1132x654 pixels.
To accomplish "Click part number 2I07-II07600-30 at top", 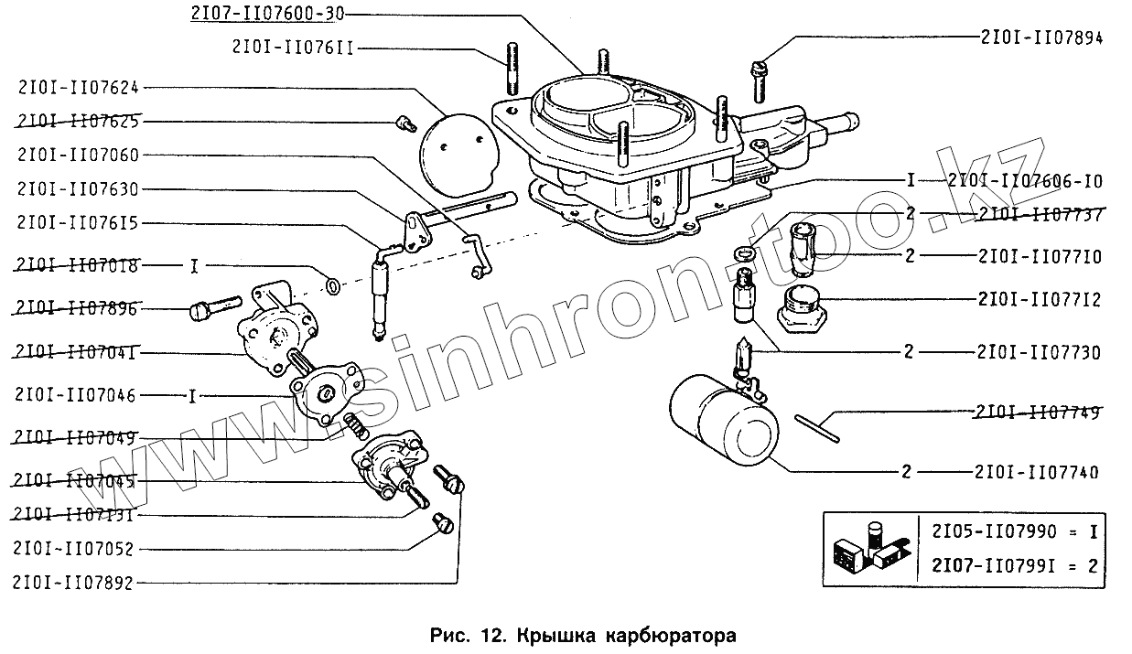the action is [257, 14].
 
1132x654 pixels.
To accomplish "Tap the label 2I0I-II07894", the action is [1040, 38].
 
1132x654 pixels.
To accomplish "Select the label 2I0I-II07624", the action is [78, 87].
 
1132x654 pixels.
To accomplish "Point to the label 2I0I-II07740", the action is [1038, 473].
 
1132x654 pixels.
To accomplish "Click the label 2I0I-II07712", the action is [1038, 300].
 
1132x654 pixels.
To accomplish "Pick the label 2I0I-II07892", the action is [73, 582].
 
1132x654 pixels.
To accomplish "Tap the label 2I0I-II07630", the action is [78, 189].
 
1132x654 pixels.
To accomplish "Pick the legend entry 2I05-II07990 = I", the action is [1015, 531].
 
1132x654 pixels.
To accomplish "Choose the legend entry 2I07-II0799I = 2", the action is [1015, 565].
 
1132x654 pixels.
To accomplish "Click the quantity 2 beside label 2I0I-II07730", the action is [909, 352].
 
